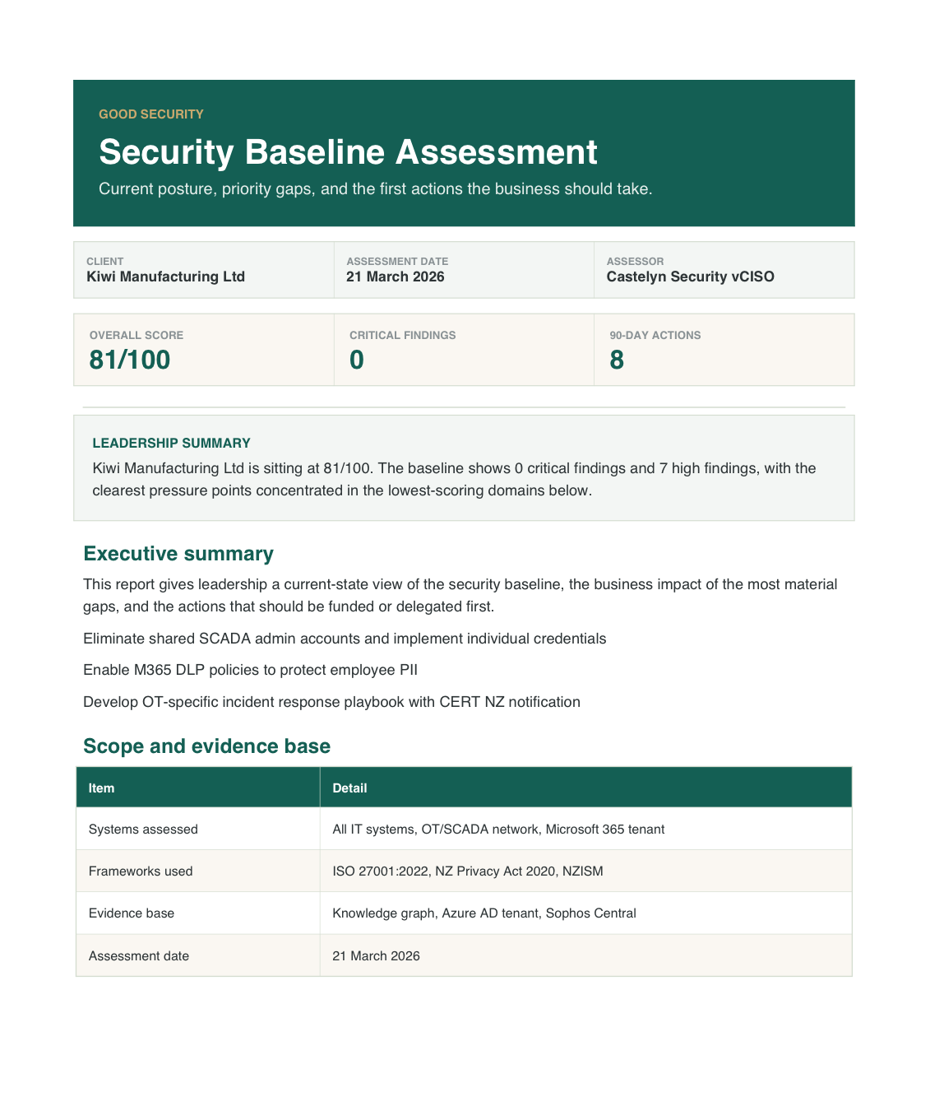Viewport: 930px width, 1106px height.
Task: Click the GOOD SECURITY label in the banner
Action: click(x=150, y=114)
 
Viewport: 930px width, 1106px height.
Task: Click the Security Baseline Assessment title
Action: click(x=348, y=152)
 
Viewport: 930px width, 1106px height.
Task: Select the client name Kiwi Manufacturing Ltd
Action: click(x=165, y=276)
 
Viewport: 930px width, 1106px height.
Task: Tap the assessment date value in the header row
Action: click(x=395, y=276)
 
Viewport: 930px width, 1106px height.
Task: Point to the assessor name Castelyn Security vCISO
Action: click(x=690, y=276)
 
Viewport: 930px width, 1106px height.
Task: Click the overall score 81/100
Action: click(x=130, y=360)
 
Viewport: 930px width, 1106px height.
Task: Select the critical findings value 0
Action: click(x=356, y=360)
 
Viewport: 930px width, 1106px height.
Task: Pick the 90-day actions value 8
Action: click(x=617, y=360)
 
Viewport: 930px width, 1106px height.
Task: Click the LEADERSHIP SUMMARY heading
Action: click(x=171, y=443)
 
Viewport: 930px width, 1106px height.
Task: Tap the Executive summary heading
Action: click(x=178, y=554)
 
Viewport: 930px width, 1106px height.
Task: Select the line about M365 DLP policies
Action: click(x=250, y=670)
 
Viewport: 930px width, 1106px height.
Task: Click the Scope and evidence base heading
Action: click(x=206, y=746)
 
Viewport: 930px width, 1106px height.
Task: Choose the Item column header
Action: click(x=101, y=788)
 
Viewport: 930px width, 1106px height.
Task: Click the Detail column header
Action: click(x=349, y=788)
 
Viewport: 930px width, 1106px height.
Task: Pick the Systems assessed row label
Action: click(x=143, y=829)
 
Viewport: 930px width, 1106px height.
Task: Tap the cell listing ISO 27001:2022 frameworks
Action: click(x=467, y=871)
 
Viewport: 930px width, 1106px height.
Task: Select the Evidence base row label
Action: click(x=132, y=913)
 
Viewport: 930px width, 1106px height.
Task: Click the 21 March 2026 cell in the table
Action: click(x=376, y=956)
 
